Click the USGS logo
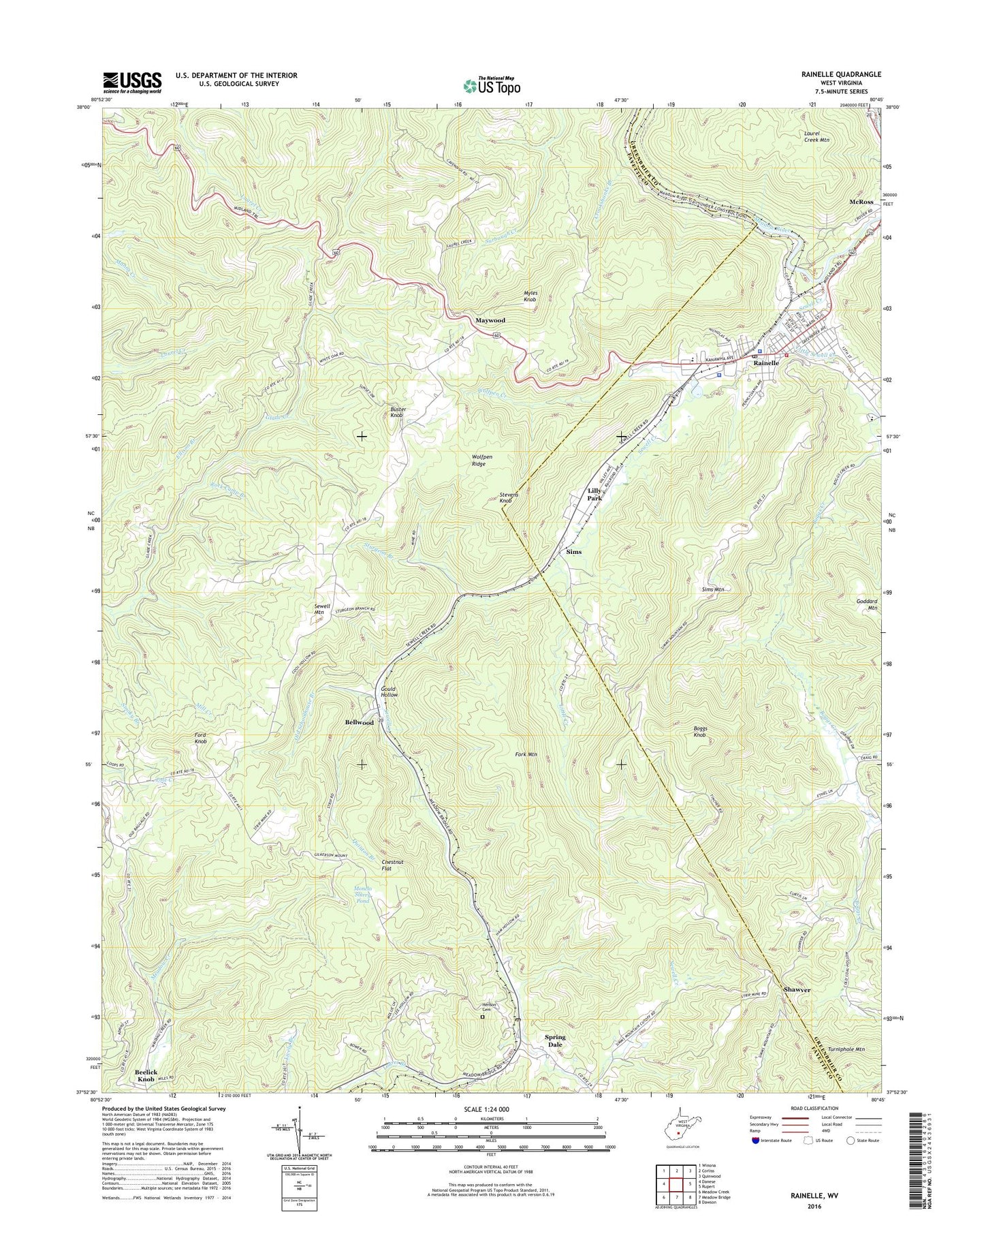click(x=132, y=82)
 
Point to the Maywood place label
click(x=490, y=320)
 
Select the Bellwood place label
click(x=359, y=722)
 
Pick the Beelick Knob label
click(x=146, y=1076)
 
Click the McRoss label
click(x=861, y=202)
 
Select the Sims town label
click(x=573, y=552)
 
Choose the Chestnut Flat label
click(x=392, y=865)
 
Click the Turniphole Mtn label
click(x=842, y=1068)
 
